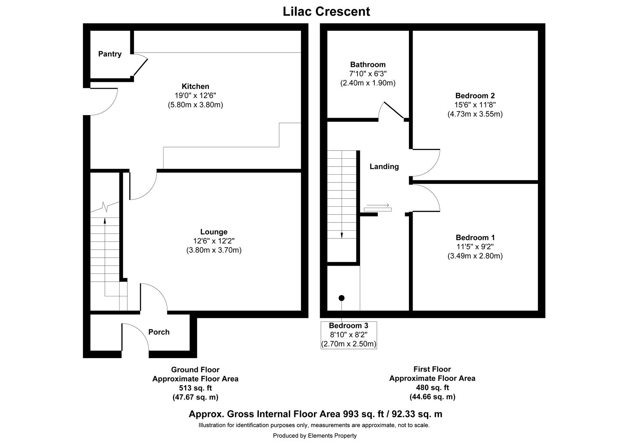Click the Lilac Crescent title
[326, 12]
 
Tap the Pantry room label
[110, 54]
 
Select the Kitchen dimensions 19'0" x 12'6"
[195, 95]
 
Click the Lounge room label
[214, 232]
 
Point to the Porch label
[159, 332]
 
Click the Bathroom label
[367, 65]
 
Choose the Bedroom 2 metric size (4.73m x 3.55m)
[475, 114]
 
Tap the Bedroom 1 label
[475, 238]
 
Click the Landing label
[384, 166]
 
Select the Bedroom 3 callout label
[349, 326]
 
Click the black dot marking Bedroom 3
[341, 298]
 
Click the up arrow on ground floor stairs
[105, 221]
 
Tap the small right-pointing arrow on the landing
[377, 205]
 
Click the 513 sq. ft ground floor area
[195, 388]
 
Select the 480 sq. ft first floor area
[432, 388]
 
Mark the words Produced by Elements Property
[314, 435]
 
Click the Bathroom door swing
[390, 109]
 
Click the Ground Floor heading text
[195, 370]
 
